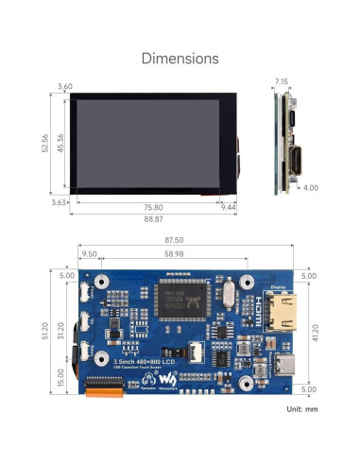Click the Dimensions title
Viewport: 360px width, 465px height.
(180, 59)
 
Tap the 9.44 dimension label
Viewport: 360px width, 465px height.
(227, 207)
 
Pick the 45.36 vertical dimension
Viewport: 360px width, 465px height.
(60, 142)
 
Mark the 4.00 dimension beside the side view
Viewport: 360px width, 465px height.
(311, 187)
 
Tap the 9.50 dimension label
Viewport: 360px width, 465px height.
(90, 254)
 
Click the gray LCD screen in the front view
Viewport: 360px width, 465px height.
(146, 142)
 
